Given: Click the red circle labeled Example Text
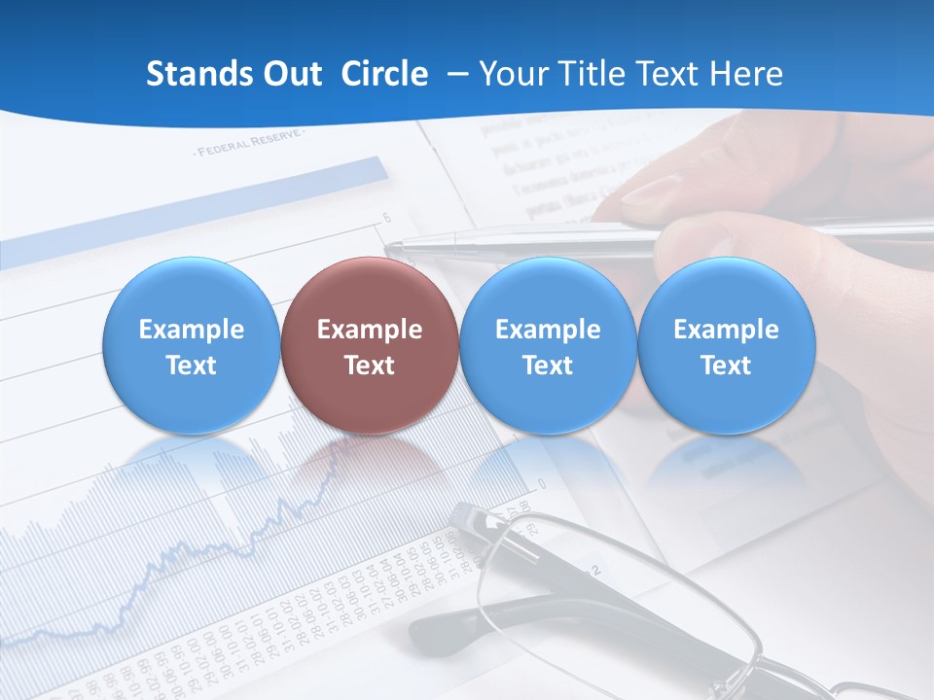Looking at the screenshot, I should click(369, 345).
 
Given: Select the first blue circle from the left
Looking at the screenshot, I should click(191, 345).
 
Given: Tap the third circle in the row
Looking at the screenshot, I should click(547, 345).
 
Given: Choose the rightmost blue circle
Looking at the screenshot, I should click(726, 345).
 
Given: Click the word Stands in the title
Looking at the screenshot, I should click(192, 74).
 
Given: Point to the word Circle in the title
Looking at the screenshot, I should click(384, 74).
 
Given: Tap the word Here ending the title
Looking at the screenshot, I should click(746, 74).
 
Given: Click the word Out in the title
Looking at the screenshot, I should click(289, 74).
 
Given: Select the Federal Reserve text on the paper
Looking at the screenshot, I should click(249, 145).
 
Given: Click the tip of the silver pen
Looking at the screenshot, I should click(390, 247).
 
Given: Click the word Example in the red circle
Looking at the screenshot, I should click(369, 330).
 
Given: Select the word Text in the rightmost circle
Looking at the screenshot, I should click(726, 366).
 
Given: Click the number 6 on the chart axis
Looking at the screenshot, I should click(386, 217).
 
